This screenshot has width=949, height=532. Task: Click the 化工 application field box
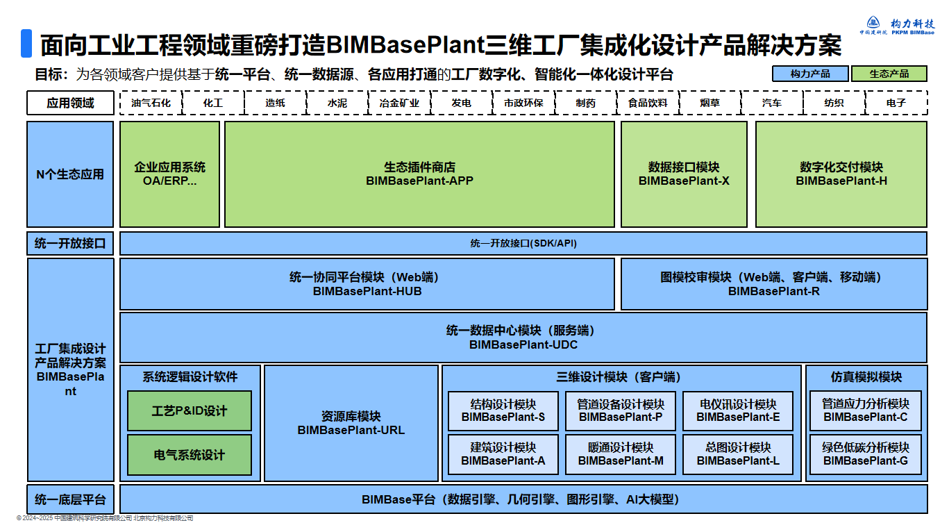213,103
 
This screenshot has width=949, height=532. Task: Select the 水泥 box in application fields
337,103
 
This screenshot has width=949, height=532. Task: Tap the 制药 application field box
585,103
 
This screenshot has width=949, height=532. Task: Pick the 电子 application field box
896,103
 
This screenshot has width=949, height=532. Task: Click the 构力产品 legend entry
810,74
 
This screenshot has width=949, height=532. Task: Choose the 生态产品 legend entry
889,74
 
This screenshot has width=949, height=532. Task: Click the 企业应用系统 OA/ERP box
170,174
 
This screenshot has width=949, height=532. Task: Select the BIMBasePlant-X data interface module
684,174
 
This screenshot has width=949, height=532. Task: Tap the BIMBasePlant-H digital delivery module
841,174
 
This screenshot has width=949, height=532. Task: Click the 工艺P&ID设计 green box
190,411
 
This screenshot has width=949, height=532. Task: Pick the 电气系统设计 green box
190,455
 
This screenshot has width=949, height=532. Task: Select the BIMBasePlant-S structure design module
503,410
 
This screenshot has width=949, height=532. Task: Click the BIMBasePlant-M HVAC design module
621,454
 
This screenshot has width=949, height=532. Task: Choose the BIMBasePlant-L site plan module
738,454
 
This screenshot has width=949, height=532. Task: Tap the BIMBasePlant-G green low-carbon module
865,454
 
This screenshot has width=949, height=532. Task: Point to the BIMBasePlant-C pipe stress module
865,410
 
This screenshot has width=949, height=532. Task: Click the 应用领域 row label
70,103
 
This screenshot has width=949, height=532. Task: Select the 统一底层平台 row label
70,499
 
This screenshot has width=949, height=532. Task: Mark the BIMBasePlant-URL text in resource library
351,431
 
